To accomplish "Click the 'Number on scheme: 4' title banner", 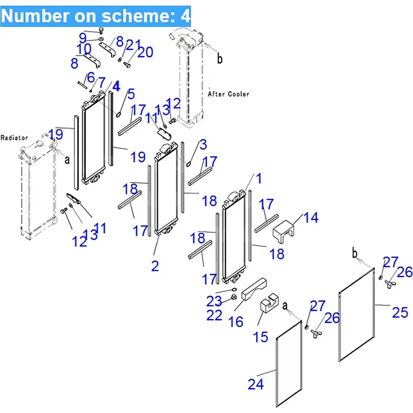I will click(96, 16).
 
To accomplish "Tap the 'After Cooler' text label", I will click(228, 94).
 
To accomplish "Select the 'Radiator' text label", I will click(14, 138).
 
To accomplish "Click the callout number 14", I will click(311, 218).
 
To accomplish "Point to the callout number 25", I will click(400, 312).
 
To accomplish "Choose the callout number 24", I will click(256, 384).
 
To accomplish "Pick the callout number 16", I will click(236, 321).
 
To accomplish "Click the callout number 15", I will click(261, 337).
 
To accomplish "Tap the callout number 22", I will click(215, 315).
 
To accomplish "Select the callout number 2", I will click(155, 266).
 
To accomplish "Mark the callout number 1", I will click(259, 179).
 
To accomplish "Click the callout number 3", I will click(203, 145).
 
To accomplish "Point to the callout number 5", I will click(131, 94).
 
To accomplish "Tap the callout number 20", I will click(145, 52).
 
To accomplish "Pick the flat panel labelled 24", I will click(289, 363).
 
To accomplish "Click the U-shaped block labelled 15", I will click(268, 306).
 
